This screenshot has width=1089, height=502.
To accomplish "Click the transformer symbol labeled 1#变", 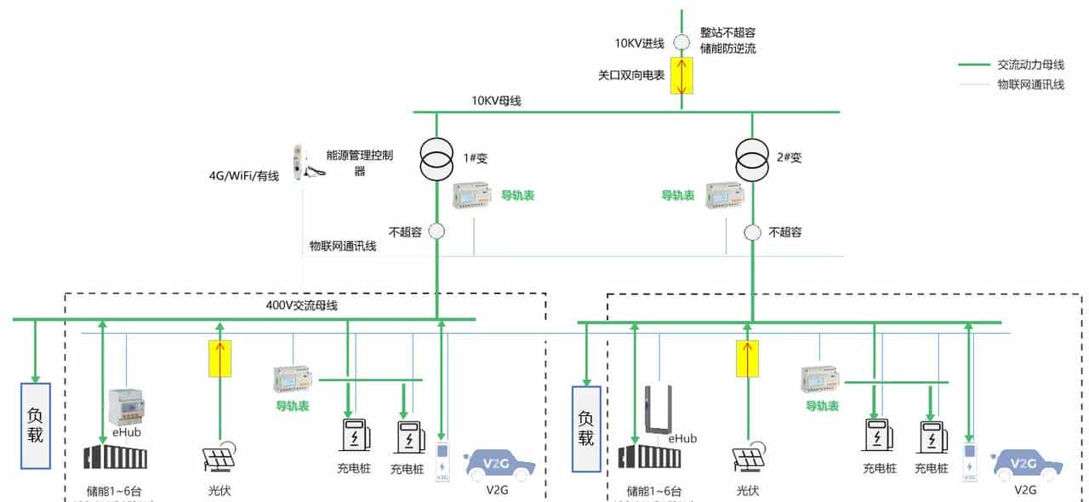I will point(437,157).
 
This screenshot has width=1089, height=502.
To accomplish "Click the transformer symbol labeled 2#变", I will point(753,157).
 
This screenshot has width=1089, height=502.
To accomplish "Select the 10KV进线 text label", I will point(640,43).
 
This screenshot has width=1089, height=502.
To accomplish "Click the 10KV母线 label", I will point(497,100).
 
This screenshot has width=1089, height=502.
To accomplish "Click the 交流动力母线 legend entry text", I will point(1030,65).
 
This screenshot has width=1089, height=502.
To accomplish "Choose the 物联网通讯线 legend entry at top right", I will point(1030,84).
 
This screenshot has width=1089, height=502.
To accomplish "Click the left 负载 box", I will point(36,426).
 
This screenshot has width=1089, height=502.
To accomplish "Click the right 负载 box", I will point(586,428).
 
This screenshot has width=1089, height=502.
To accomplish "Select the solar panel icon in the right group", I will point(749,458).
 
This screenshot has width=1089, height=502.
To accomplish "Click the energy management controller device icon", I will point(297,162).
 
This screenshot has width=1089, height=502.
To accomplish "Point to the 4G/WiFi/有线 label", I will point(244,176).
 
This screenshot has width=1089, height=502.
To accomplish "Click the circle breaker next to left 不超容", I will point(436,231).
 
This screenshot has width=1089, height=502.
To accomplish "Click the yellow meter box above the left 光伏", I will point(220,358).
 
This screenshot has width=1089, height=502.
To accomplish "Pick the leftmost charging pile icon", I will point(354,434).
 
